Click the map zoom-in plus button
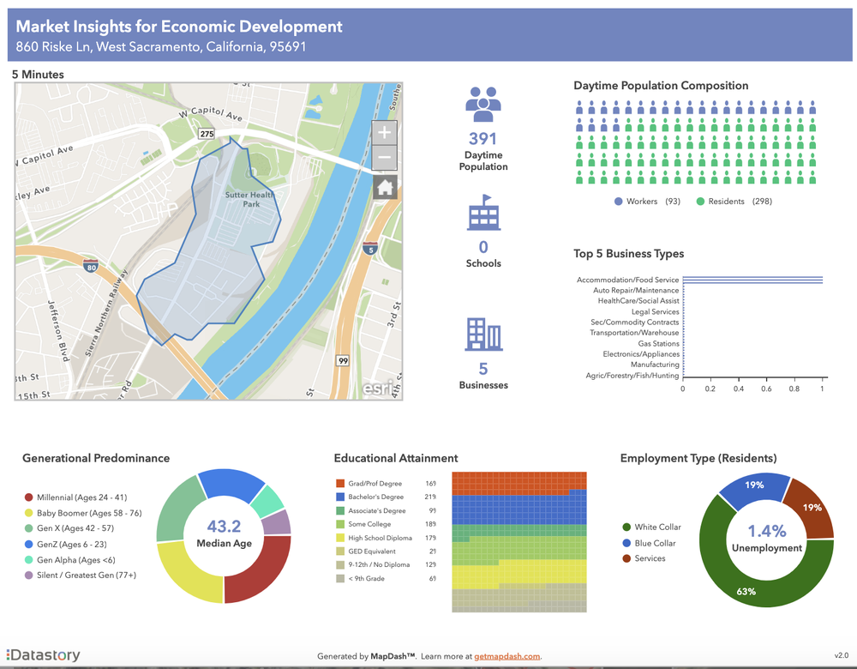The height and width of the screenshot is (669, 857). point(385,132)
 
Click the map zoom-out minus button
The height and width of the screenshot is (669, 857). point(385,159)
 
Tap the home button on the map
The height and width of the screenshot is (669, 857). point(385,187)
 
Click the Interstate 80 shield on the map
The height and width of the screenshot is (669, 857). point(91,266)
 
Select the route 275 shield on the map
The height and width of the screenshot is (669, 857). point(206,135)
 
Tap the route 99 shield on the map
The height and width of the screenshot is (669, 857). point(342,360)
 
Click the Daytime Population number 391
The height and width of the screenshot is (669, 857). point(482,139)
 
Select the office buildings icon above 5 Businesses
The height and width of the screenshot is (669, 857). point(482,334)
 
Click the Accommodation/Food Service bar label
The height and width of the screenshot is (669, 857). point(627,280)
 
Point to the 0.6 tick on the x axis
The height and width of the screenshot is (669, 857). point(766,389)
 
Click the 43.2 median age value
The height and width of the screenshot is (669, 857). point(224,526)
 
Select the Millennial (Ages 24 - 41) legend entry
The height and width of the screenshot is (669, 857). point(75,497)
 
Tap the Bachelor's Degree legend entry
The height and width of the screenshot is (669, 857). point(375,497)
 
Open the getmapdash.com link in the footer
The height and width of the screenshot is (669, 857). point(508,656)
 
